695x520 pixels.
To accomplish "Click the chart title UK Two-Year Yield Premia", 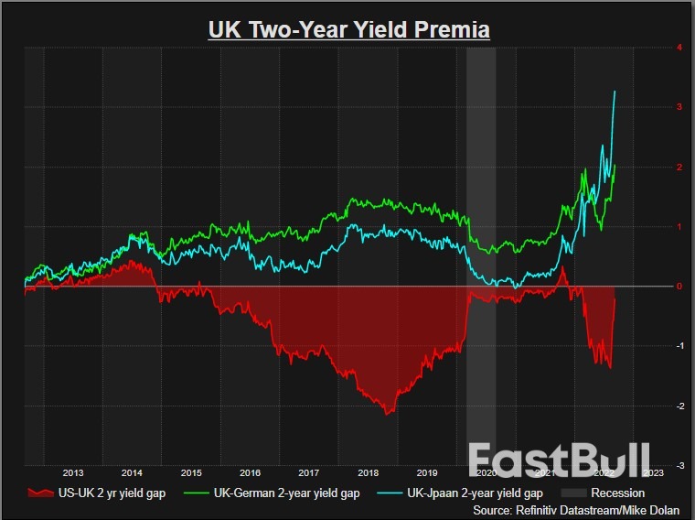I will tap(349, 29).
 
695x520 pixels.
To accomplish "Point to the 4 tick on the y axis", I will tap(678, 47).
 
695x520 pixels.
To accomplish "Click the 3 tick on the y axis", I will tap(678, 107).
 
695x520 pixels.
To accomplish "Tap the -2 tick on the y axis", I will tap(678, 406).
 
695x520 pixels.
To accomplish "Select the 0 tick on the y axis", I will tap(678, 286).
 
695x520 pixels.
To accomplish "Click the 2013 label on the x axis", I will tap(73, 472).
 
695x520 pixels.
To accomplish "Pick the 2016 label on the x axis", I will tap(250, 472).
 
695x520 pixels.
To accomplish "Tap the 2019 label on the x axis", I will tap(427, 472).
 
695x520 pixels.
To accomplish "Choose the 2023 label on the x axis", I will tap(653, 472).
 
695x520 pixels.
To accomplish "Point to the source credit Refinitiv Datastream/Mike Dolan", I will tap(577, 510).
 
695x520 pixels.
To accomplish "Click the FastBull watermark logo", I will tap(560, 460).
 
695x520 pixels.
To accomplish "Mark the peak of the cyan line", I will tap(615, 91).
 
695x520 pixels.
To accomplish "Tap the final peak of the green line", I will tap(615, 165).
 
